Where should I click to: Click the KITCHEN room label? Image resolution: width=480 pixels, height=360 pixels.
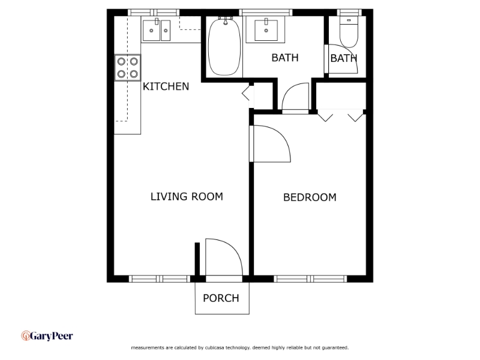pos(166,86)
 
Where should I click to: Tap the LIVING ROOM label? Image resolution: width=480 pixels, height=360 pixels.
pos(187,197)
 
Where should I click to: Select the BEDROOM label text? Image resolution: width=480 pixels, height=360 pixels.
pos(310,197)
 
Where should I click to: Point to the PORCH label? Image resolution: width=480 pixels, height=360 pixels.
pos(221,298)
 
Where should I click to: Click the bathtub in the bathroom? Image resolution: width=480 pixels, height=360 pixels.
pos(225,47)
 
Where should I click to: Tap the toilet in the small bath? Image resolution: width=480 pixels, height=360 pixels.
pos(349,32)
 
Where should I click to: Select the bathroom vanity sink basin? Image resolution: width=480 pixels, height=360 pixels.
pos(266,30)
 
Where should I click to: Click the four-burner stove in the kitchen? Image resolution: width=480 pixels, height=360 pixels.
pos(128,68)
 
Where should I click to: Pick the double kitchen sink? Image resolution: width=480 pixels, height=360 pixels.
pos(157,31)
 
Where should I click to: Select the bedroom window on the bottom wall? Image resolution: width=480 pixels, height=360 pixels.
pos(310,278)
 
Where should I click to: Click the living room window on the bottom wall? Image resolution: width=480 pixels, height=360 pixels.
pos(160,278)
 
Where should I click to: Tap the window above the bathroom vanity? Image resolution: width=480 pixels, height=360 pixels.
pos(266,13)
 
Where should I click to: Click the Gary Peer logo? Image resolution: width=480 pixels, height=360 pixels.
pos(47,336)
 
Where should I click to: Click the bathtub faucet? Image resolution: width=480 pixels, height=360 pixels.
pos(226,20)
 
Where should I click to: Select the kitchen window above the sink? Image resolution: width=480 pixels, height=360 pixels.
pos(154,13)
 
